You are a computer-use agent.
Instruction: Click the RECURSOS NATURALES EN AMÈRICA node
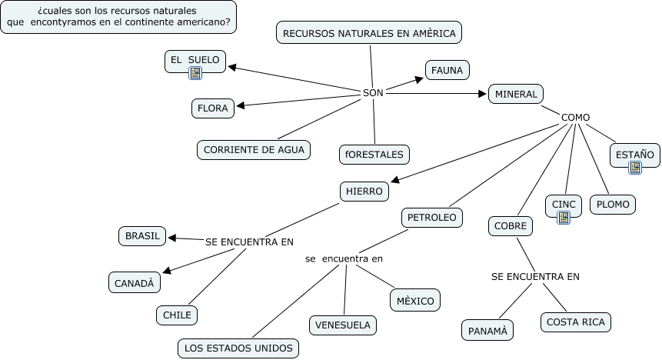pos(369,33)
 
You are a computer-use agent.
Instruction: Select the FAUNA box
pos(447,71)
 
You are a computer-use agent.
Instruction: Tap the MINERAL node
pos(516,94)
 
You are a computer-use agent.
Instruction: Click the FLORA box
pos(213,108)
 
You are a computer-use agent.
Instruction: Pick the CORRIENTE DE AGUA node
pos(254,149)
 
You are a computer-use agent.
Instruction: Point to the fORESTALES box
pos(374,155)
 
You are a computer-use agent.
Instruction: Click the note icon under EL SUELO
pos(195,74)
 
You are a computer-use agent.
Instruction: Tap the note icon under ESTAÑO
pos(635,167)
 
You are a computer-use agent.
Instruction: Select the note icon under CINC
pos(564,218)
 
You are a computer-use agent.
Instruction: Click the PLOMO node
pos(613,205)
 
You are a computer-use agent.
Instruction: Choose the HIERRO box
pos(364,190)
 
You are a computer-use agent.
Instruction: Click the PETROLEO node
pos(431,218)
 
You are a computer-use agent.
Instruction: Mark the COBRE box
pos(511,226)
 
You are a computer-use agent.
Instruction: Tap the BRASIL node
pos(142,236)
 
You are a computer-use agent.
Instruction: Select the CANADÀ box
pos(135,283)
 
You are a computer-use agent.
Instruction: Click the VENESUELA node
pos(343,325)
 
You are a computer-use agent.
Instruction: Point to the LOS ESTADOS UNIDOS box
pos(238,348)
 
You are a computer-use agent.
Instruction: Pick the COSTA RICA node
pos(575,322)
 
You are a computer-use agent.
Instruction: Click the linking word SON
pos(372,92)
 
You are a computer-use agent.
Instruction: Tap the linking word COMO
pos(575,118)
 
